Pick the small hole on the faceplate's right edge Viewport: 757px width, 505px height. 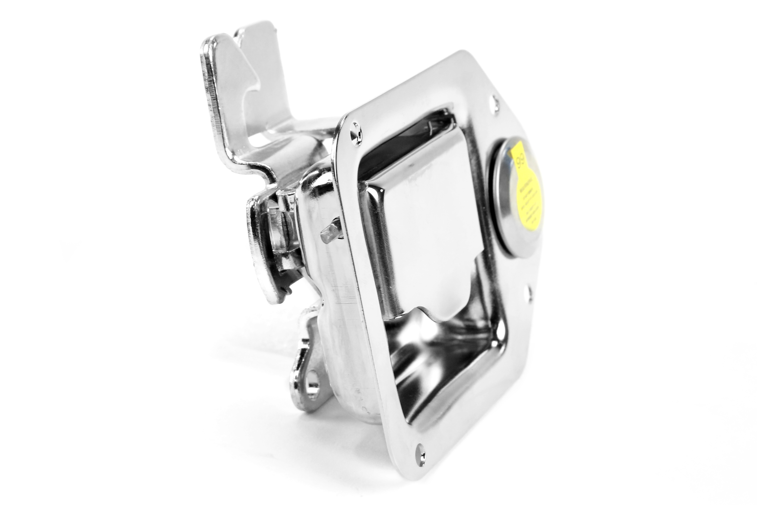(528, 292)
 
